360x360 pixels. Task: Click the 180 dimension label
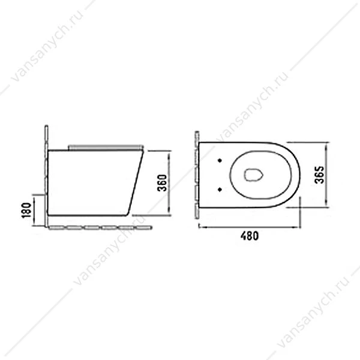tap(26, 210)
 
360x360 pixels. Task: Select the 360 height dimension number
tap(162, 183)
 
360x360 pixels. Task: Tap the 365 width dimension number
tap(319, 175)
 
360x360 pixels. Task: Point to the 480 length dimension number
tap(250, 236)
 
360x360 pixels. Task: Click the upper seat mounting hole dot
tap(220, 161)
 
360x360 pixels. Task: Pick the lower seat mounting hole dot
tap(220, 189)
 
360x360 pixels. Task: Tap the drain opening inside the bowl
tap(253, 175)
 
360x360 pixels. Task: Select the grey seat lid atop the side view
tap(106, 147)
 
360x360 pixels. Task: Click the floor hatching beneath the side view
tap(100, 227)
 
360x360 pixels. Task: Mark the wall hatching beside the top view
tap(197, 175)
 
